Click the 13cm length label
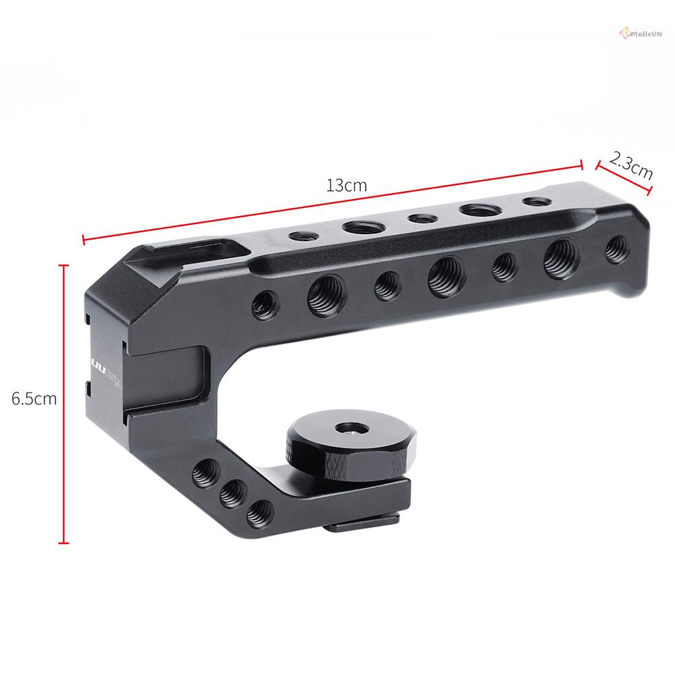346,185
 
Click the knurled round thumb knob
317,446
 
